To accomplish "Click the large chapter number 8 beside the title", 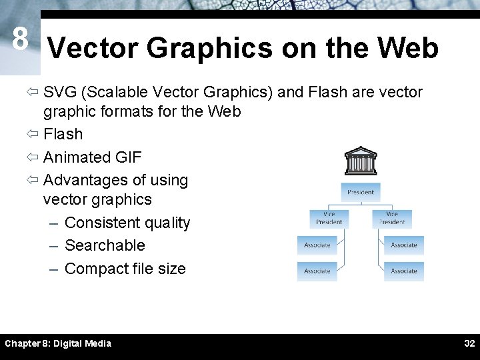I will coord(20,40).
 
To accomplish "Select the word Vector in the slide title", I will coord(93,49).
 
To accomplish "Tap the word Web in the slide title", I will coord(407,49).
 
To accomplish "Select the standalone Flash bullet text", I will coord(63,134).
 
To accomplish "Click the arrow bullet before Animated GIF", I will coord(34,158).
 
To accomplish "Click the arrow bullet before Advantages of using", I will coord(34,181).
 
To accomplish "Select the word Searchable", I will coord(105,245).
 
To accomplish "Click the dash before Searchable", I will coord(55,246).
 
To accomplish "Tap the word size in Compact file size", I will coord(171,269).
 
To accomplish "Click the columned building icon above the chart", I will coord(361,161).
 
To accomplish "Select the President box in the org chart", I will coord(361,192).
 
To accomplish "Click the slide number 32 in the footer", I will coord(469,343).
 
